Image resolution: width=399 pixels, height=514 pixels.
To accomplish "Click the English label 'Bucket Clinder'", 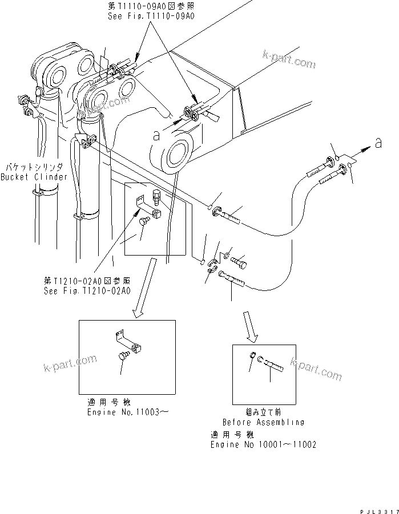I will pyautogui.click(x=34, y=177).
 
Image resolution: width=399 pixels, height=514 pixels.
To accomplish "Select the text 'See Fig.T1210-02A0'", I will pyautogui.click(x=87, y=290).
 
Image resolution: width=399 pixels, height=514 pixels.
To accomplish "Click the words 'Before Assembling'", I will pyautogui.click(x=263, y=422).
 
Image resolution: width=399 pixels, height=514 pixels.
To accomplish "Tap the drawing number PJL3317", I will pyautogui.click(x=377, y=508).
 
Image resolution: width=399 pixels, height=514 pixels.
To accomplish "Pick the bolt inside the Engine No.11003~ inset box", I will pyautogui.click(x=122, y=357).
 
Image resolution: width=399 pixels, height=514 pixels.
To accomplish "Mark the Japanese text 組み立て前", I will pyautogui.click(x=263, y=412).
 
